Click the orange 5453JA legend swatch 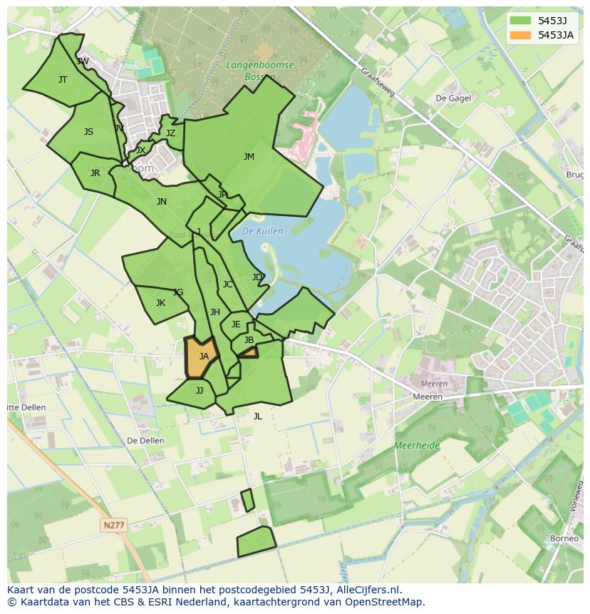pos(520,35)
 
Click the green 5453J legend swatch pos(520,21)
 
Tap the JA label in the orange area pos(204,357)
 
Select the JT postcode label pos(63,80)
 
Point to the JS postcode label pos(88,132)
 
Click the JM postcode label pos(249,157)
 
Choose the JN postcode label pos(162,202)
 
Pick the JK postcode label pos(160,303)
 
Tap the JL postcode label pos(257,416)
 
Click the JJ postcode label pos(200,391)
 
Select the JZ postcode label pos(170,133)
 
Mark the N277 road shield pos(113,525)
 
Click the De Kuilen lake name pos(262,231)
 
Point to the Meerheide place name pos(418,446)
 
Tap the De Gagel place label pos(452,98)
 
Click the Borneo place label pos(564,538)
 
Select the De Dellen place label pos(145,441)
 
